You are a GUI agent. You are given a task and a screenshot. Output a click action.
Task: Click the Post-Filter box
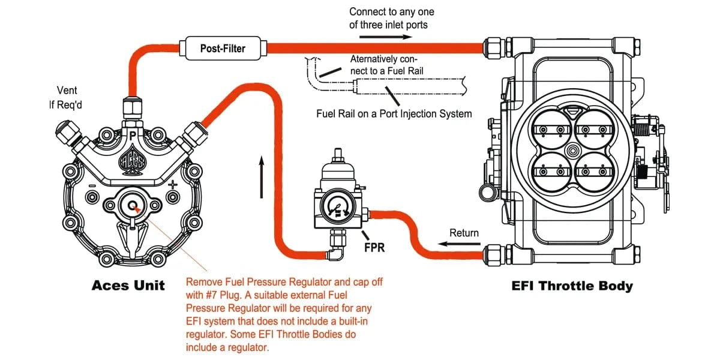(x=223, y=48)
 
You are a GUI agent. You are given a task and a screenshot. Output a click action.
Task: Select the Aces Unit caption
(x=128, y=285)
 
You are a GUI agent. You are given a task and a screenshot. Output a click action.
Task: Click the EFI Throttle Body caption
(x=572, y=286)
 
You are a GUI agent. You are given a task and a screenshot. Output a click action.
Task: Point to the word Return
(x=464, y=233)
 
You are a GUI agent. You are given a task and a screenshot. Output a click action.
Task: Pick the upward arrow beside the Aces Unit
(x=262, y=177)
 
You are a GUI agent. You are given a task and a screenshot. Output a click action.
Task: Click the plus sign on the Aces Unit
(x=173, y=184)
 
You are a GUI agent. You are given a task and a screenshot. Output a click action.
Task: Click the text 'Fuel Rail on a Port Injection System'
(x=394, y=114)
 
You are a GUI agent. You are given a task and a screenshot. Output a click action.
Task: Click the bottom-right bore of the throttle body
(x=593, y=172)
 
